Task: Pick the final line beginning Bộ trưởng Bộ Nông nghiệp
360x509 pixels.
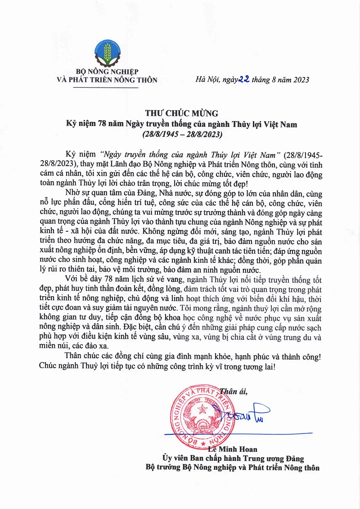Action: click(x=233, y=468)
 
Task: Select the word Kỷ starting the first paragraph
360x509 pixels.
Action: click(x=70, y=154)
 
